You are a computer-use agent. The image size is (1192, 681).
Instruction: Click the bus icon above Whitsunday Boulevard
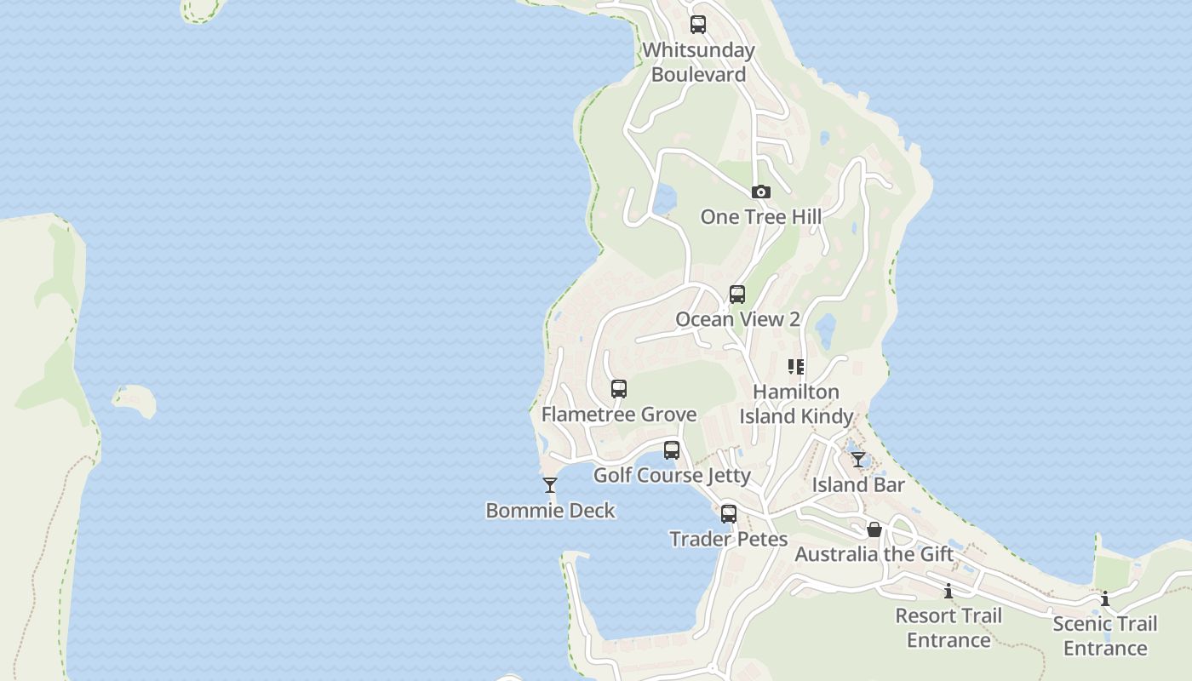coord(698,25)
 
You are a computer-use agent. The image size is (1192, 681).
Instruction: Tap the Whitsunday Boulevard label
coord(698,62)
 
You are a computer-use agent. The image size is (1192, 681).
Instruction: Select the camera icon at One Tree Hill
coord(761,192)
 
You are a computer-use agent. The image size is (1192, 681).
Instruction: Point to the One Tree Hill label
coord(761,217)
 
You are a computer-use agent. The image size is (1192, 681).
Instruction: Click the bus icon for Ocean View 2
coord(737,295)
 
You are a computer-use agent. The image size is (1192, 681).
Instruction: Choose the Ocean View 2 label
coord(737,319)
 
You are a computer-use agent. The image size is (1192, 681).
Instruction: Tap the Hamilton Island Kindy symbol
coord(796,367)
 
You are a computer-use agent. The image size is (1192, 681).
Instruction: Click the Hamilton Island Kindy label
coord(796,403)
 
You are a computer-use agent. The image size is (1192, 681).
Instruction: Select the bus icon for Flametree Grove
coord(619,389)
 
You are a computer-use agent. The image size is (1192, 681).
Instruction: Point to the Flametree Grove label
coord(619,415)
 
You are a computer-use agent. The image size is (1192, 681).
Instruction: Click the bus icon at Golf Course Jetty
coord(672,450)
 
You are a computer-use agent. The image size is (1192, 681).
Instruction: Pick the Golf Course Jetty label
coord(672,475)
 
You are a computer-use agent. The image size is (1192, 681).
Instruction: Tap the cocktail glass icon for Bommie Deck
coord(550,485)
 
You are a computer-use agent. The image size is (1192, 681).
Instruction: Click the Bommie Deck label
coord(550,511)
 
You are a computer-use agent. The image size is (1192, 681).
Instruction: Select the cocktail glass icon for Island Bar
coord(858,460)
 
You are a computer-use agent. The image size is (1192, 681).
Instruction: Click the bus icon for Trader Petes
coord(728,514)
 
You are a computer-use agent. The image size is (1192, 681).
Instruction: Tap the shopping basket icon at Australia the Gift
coord(874,529)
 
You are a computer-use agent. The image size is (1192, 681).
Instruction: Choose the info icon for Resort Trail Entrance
coord(948,591)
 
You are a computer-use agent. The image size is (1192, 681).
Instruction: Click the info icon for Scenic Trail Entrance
coord(1105,599)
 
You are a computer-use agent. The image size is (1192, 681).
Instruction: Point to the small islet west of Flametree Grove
coord(135,400)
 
